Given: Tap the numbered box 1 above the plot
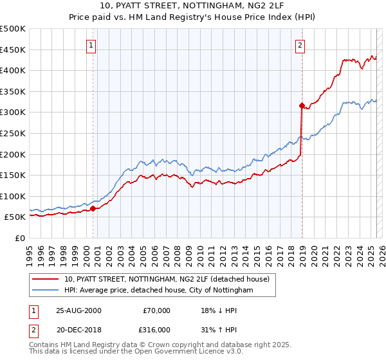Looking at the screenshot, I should pos(92,45).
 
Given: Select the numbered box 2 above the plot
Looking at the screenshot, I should pos(300,45).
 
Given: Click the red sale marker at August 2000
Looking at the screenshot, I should pos(93,208).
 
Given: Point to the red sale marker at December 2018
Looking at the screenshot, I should pos(301,105).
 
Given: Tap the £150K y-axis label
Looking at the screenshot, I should pos(13,175).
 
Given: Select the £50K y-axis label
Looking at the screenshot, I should pos(15,217).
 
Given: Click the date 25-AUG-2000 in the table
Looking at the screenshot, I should pos(78,310).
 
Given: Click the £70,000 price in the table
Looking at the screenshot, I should pos(156,310).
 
